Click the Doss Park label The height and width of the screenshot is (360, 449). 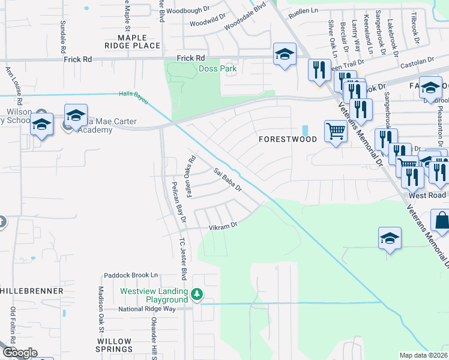coord(218,68)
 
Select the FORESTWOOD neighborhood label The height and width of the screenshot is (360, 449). coord(288,139)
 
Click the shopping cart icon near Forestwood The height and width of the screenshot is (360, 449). coord(336,131)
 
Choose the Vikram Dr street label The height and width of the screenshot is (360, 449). coord(223,227)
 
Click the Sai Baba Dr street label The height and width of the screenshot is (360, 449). coord(228,180)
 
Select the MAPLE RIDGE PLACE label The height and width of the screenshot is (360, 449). coord(132,41)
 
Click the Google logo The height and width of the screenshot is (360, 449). coord(19,353)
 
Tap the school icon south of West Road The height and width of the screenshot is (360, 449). coord(390,238)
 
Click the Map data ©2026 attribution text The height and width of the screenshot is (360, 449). coord(424,355)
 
